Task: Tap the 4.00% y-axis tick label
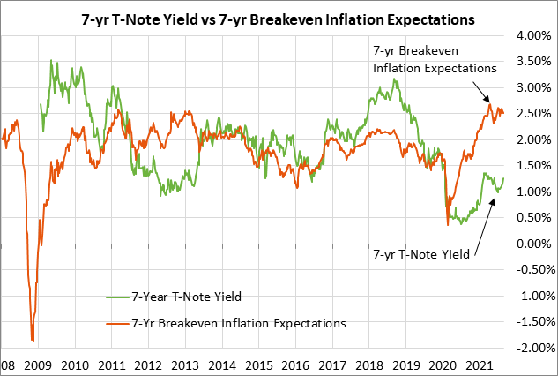click(x=532, y=35)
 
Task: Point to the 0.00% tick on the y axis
click(x=532, y=244)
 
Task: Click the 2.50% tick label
click(x=532, y=114)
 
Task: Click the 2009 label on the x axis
click(x=37, y=365)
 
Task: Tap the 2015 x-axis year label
click(x=259, y=365)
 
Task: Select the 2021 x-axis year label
click(x=479, y=365)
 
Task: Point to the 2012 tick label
click(x=148, y=365)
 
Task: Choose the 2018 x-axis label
click(x=369, y=365)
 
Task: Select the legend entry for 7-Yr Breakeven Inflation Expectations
click(x=238, y=323)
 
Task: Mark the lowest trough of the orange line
click(x=33, y=341)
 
